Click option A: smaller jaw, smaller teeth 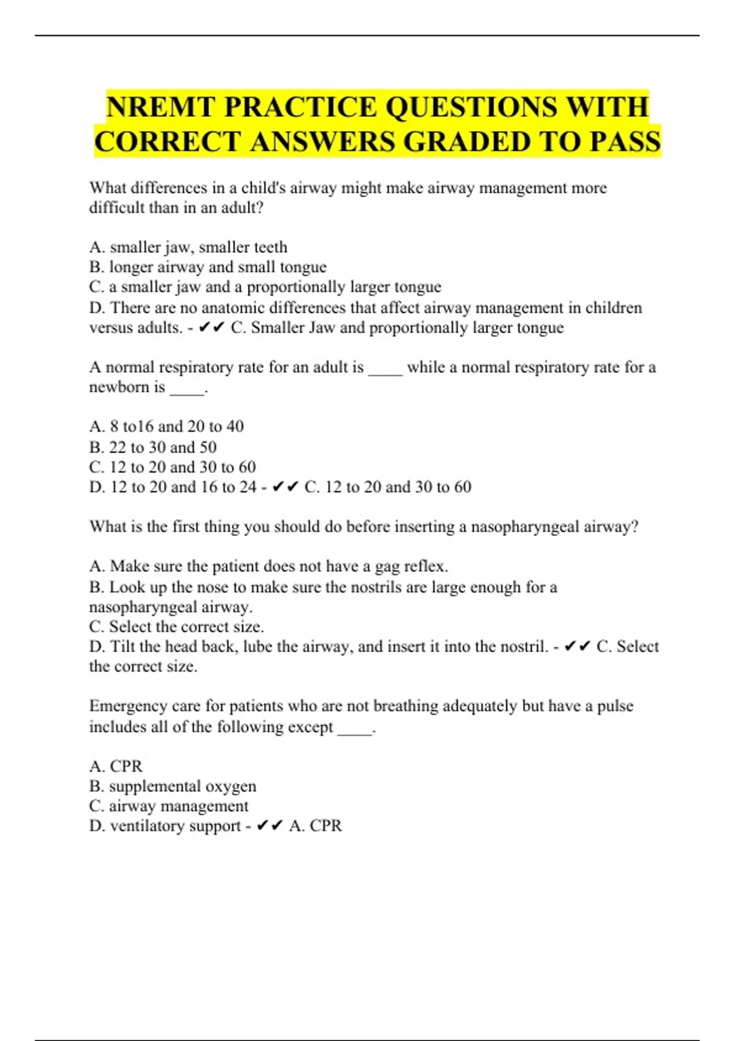[188, 247]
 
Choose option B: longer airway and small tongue [208, 267]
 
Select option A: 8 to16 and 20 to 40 [166, 426]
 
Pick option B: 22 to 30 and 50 [153, 447]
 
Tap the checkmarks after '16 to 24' [285, 487]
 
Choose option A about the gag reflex [268, 566]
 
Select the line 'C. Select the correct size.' [176, 627]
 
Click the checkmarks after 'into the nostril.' [577, 647]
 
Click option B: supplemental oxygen [173, 786]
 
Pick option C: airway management [168, 806]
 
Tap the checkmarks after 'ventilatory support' [269, 826]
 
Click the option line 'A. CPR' [116, 766]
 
